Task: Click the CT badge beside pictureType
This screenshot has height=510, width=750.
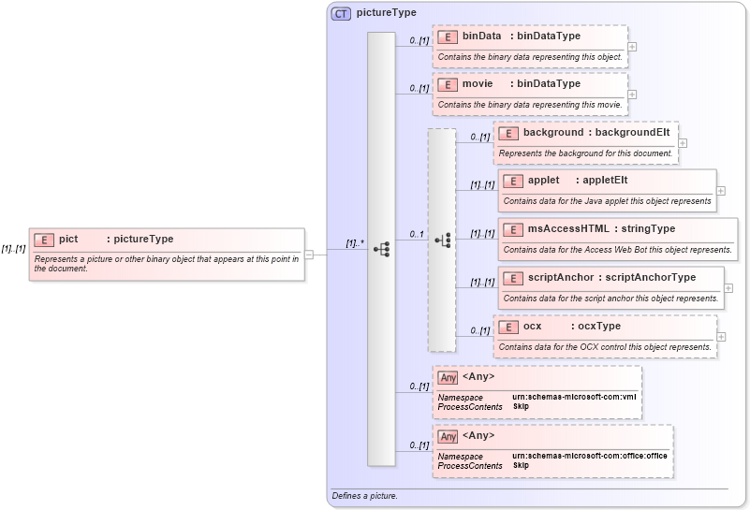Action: (341, 13)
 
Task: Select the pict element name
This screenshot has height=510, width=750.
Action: (68, 240)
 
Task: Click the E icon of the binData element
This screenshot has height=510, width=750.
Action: (448, 36)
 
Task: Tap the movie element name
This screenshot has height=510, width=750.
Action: (478, 84)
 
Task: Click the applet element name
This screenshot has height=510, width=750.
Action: (543, 181)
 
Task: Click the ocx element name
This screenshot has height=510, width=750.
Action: (532, 327)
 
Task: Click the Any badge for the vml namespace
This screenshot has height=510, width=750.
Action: (448, 377)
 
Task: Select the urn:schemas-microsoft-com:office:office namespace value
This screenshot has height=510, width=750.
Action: (590, 456)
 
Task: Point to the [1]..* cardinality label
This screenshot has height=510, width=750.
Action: (352, 243)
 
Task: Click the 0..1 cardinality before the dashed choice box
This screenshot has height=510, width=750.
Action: (417, 234)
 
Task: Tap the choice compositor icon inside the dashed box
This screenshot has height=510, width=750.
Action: (442, 240)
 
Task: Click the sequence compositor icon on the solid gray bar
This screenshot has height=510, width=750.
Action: (381, 250)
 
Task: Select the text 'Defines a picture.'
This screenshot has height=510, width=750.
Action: (365, 495)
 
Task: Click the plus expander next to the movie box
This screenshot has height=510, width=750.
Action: (633, 94)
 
